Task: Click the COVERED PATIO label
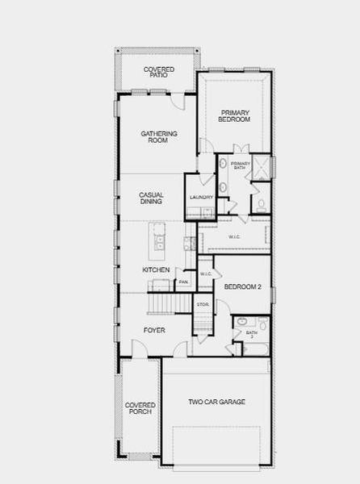tap(159, 73)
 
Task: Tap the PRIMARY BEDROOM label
tap(234, 115)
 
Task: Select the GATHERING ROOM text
tap(159, 137)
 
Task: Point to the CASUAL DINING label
tap(151, 198)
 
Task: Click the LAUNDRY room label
tap(201, 198)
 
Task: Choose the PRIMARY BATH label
tap(241, 166)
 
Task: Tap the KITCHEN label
tap(156, 269)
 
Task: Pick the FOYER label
tap(154, 330)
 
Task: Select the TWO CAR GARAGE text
tap(216, 402)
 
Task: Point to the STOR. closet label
tap(203, 305)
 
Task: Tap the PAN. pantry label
tap(183, 282)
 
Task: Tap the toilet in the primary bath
tap(260, 204)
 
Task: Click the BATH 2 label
tap(251, 332)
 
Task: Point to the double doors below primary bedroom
tap(240, 150)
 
